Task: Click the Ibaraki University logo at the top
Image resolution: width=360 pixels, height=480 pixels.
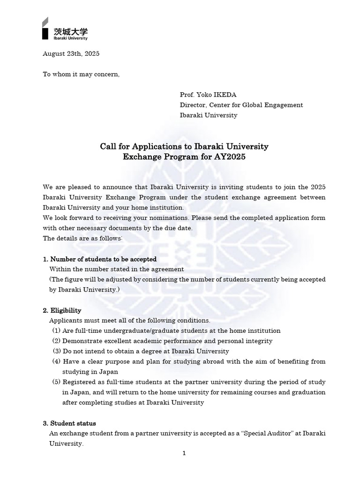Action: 64,30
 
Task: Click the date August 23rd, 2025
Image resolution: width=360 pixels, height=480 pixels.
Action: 71,53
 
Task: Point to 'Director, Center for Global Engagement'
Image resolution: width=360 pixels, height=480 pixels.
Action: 241,105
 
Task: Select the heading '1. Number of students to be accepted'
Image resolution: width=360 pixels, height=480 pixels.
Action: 100,259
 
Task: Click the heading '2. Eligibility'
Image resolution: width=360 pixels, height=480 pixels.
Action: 62,310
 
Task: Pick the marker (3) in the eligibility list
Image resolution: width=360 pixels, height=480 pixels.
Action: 57,351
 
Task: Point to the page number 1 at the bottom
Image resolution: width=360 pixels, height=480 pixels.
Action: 184,453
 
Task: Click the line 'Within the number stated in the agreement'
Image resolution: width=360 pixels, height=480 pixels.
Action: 117,270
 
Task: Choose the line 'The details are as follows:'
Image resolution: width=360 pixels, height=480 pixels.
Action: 83,239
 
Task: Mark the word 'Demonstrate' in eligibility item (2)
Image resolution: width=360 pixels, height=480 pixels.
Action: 80,341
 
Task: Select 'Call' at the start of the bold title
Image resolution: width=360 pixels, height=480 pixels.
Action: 108,147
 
